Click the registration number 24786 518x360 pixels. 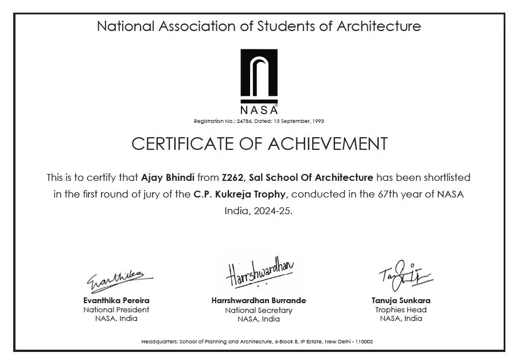pos(244,121)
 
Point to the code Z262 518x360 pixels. pos(232,178)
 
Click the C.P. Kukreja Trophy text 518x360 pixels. pos(239,194)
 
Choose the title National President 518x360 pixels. pos(116,310)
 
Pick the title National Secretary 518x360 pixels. pos(259,310)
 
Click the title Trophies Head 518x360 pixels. pos(401,310)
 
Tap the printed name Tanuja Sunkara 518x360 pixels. pos(401,300)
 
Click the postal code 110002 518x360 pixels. pos(364,342)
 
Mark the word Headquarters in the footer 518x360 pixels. pos(160,342)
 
